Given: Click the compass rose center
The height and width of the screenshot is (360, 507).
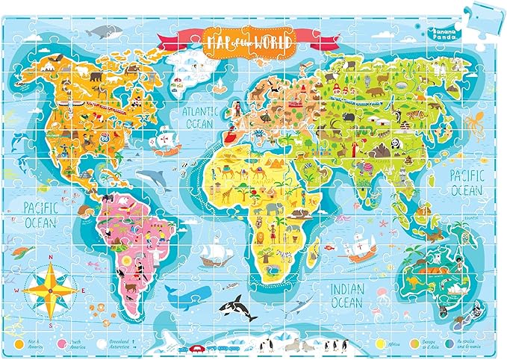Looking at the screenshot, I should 51,286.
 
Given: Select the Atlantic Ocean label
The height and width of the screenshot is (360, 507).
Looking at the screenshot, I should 199,116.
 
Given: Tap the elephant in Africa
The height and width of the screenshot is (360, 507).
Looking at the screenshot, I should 259,210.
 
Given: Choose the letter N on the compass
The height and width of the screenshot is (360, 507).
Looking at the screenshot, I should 51,261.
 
